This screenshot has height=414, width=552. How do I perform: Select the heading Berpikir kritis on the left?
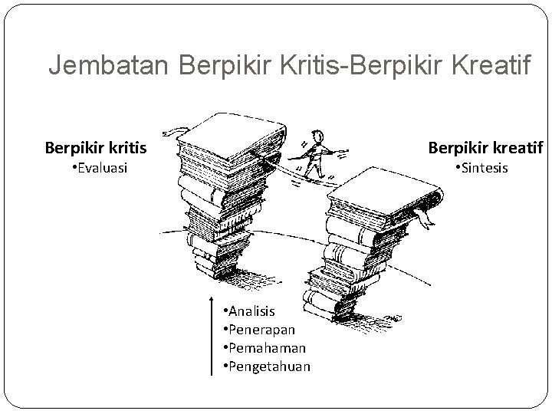(x=96, y=146)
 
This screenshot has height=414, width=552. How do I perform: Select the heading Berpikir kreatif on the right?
(x=485, y=146)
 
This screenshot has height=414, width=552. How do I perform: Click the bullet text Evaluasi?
(x=99, y=167)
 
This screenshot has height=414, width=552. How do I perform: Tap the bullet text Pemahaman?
(x=261, y=347)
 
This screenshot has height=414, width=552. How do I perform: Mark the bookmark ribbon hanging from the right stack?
(x=423, y=217)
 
